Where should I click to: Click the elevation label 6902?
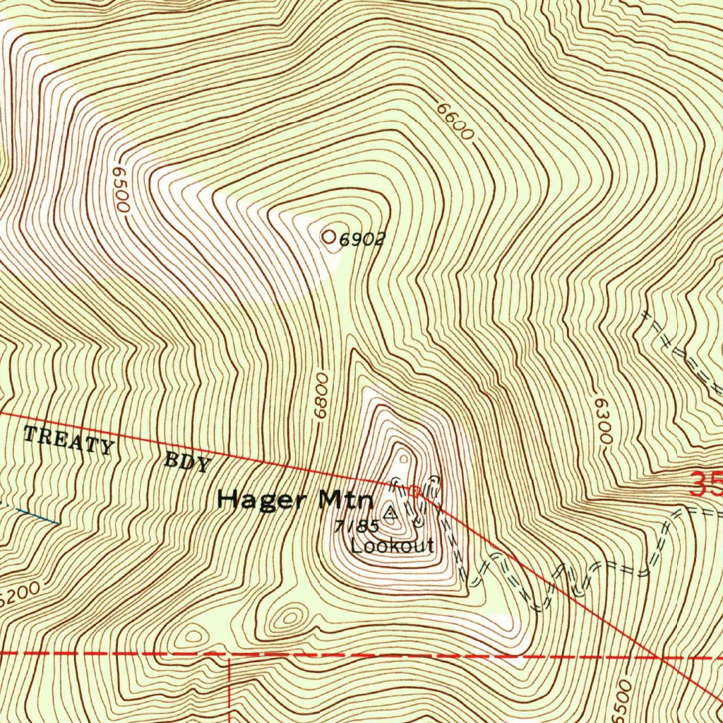361,240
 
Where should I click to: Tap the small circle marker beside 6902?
329,238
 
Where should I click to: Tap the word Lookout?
392,545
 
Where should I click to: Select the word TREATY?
68,441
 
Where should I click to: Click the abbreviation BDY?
188,463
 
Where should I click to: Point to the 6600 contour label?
453,121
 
